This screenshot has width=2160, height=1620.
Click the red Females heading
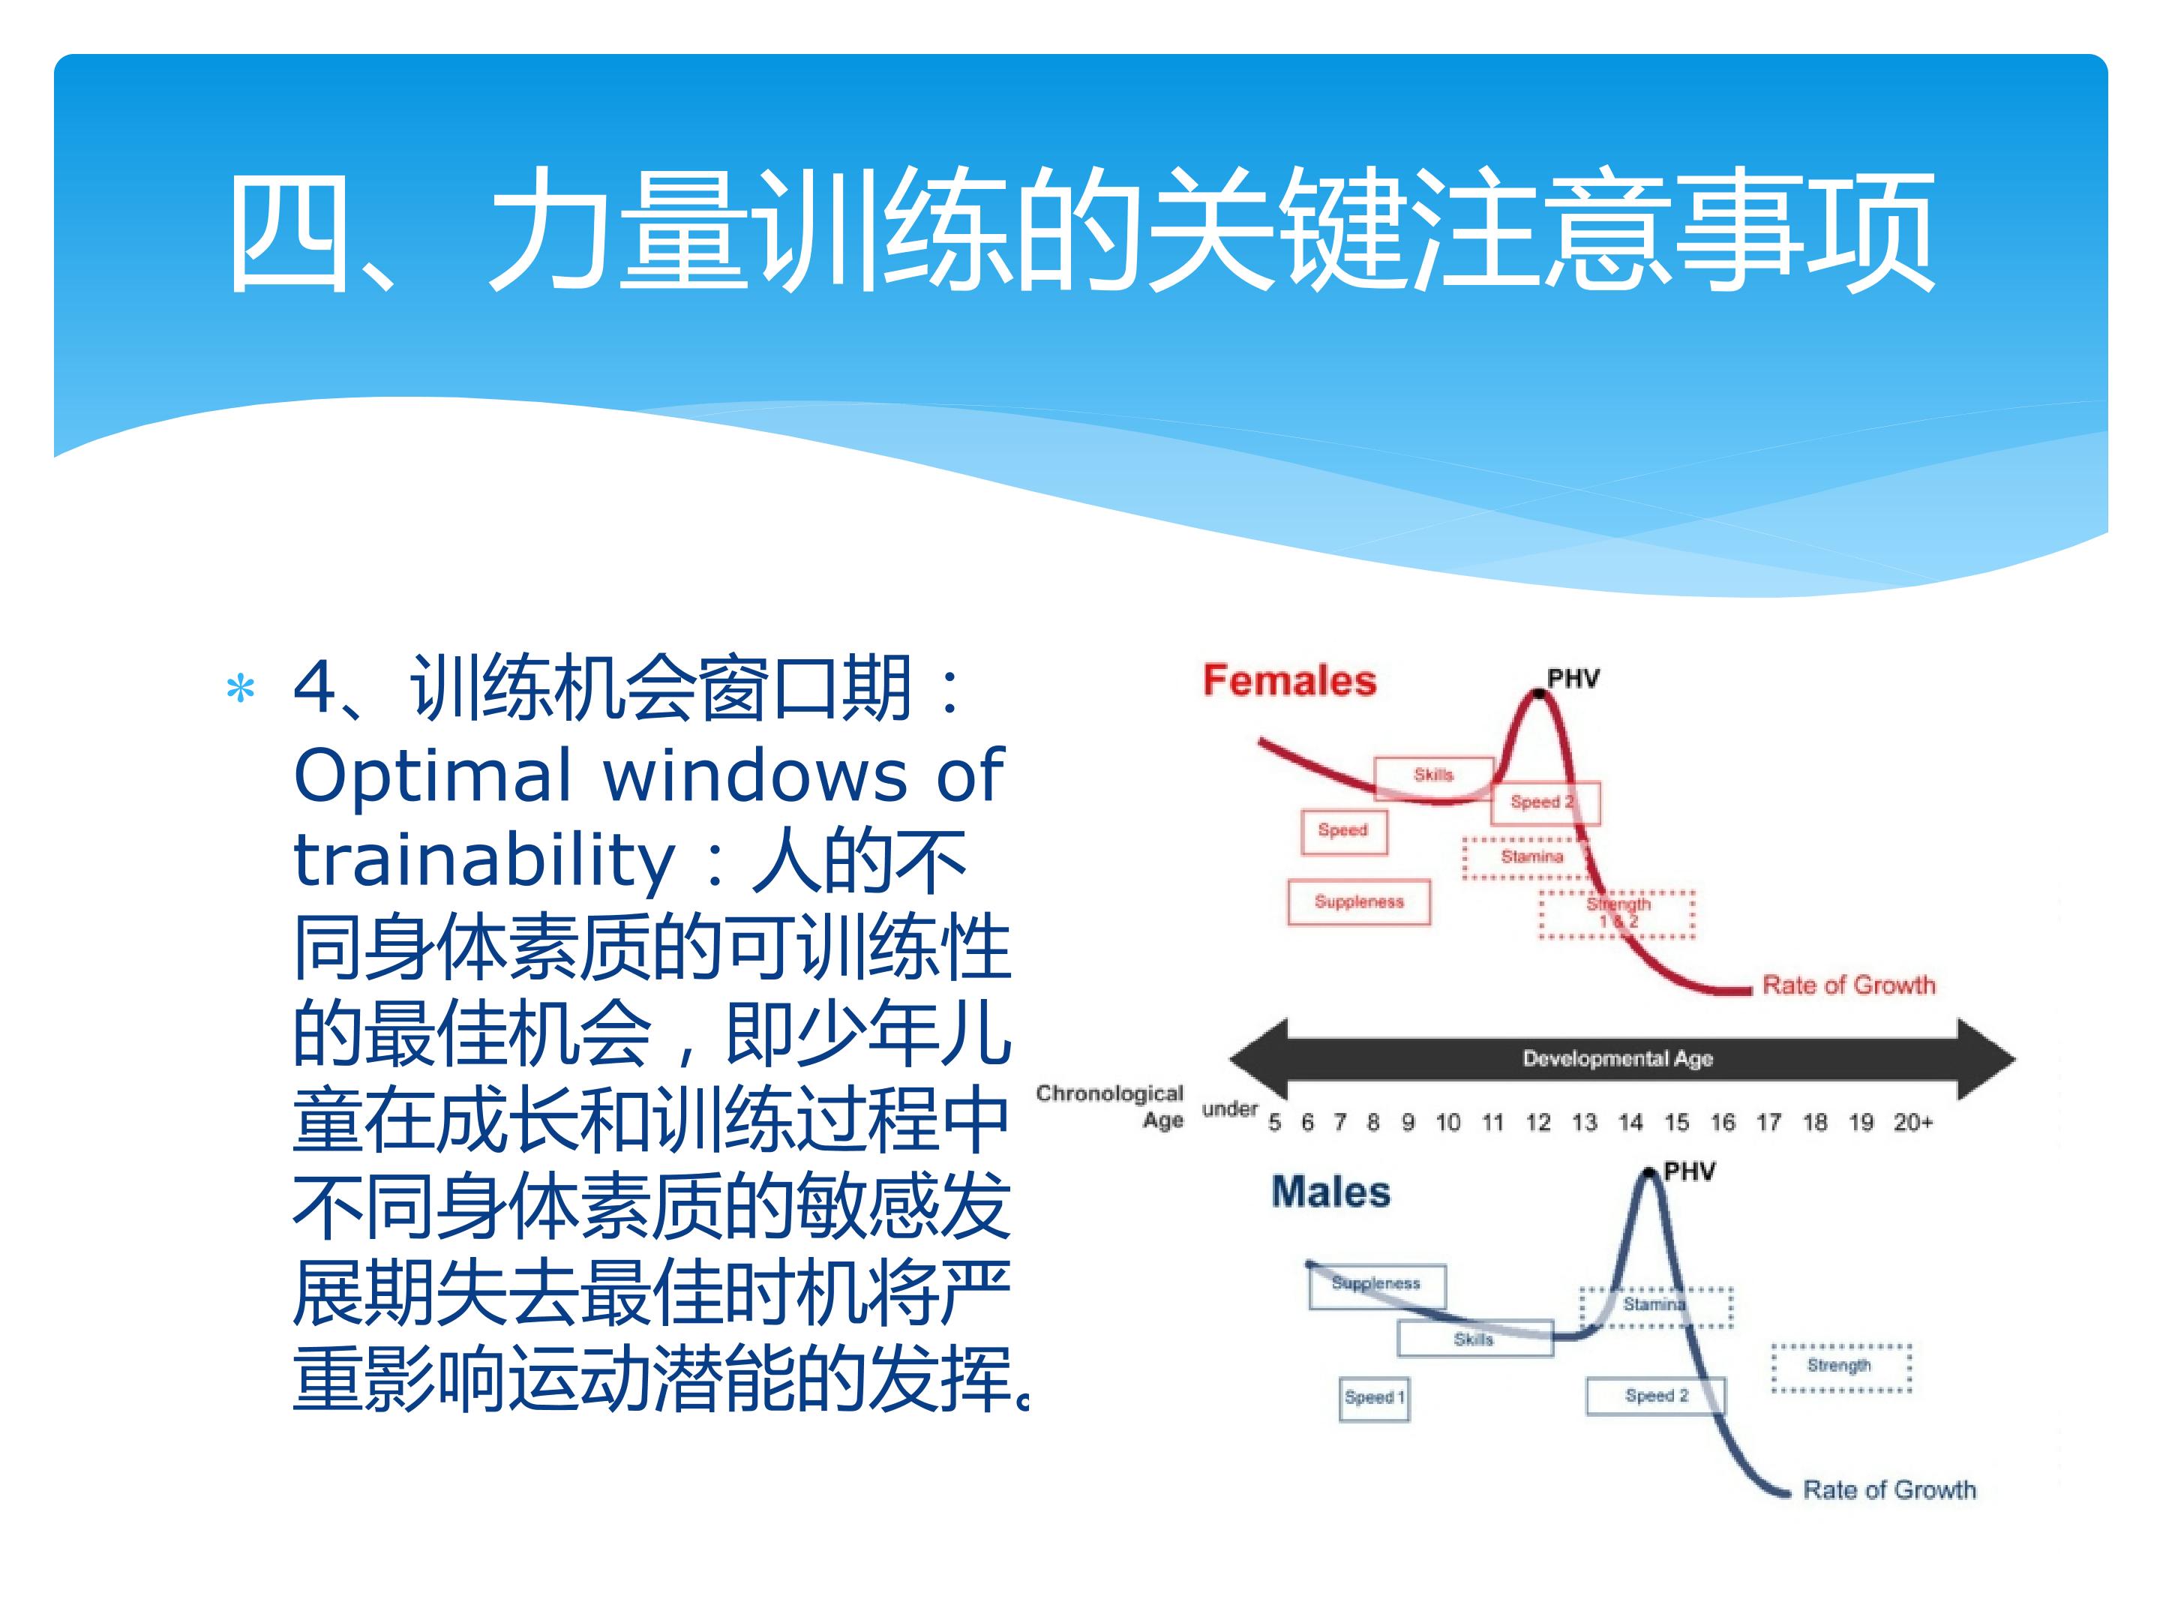pyautogui.click(x=1289, y=680)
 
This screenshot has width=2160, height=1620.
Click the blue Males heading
pyautogui.click(x=1331, y=1192)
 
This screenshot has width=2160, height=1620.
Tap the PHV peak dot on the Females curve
pyautogui.click(x=1539, y=693)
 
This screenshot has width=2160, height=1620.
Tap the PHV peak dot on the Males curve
pyautogui.click(x=1650, y=1173)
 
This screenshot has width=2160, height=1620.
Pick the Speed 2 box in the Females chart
pyautogui.click(x=1545, y=802)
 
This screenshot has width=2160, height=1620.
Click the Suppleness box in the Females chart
pyautogui.click(x=1359, y=902)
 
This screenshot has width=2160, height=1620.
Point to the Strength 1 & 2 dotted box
pyautogui.click(x=1617, y=914)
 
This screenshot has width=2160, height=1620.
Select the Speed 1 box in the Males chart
pyautogui.click(x=1374, y=1397)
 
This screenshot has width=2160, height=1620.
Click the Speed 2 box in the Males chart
pyautogui.click(x=1656, y=1396)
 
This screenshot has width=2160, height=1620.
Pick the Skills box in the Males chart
pyautogui.click(x=1474, y=1339)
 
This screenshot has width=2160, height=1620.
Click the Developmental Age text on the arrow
pyautogui.click(x=1618, y=1058)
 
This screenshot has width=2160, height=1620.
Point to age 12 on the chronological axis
pyautogui.click(x=1538, y=1123)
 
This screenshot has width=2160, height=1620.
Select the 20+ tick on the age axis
pyautogui.click(x=1913, y=1123)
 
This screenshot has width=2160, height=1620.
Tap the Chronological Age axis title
pyautogui.click(x=1110, y=1106)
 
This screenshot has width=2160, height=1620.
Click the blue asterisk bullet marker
pyautogui.click(x=240, y=689)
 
